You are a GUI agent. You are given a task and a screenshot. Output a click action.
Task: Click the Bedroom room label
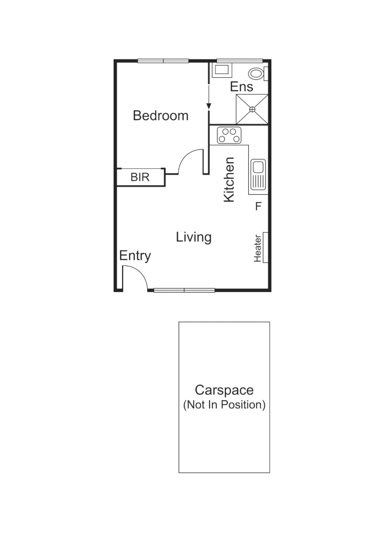click(161, 116)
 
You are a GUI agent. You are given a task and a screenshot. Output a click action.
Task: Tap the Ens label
click(241, 87)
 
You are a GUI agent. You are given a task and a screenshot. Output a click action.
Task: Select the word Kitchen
click(229, 180)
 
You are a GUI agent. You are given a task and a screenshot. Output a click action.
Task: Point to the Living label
click(193, 237)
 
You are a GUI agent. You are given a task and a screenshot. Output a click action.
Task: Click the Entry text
click(135, 256)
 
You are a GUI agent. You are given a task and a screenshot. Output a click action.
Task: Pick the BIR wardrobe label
click(140, 177)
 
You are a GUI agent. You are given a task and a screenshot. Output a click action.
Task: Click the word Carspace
click(224, 390)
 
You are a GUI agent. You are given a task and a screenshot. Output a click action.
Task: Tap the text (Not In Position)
click(224, 405)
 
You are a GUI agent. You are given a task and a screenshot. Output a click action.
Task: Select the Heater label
click(258, 248)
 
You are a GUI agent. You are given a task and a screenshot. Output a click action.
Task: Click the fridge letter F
click(258, 206)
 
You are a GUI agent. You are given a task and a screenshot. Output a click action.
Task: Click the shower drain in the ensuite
click(252, 109)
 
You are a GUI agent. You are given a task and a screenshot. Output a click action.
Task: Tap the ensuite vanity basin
click(219, 70)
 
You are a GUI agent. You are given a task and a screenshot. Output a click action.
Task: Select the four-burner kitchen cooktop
click(229, 135)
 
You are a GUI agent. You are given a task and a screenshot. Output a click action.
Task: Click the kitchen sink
click(258, 174)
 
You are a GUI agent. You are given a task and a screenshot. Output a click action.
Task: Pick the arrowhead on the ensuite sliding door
click(209, 106)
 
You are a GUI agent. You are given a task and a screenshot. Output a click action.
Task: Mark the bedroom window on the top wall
click(163, 61)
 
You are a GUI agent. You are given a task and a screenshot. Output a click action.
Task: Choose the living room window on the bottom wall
click(184, 290)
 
